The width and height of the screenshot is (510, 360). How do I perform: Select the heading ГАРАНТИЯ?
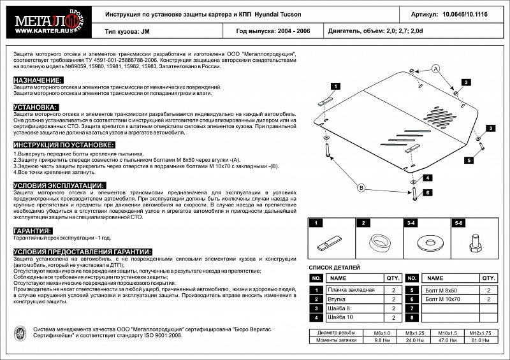click(33, 230)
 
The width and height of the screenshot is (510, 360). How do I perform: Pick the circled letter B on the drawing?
click(361, 187)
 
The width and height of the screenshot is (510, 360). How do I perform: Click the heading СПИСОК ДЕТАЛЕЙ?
click(334, 267)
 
